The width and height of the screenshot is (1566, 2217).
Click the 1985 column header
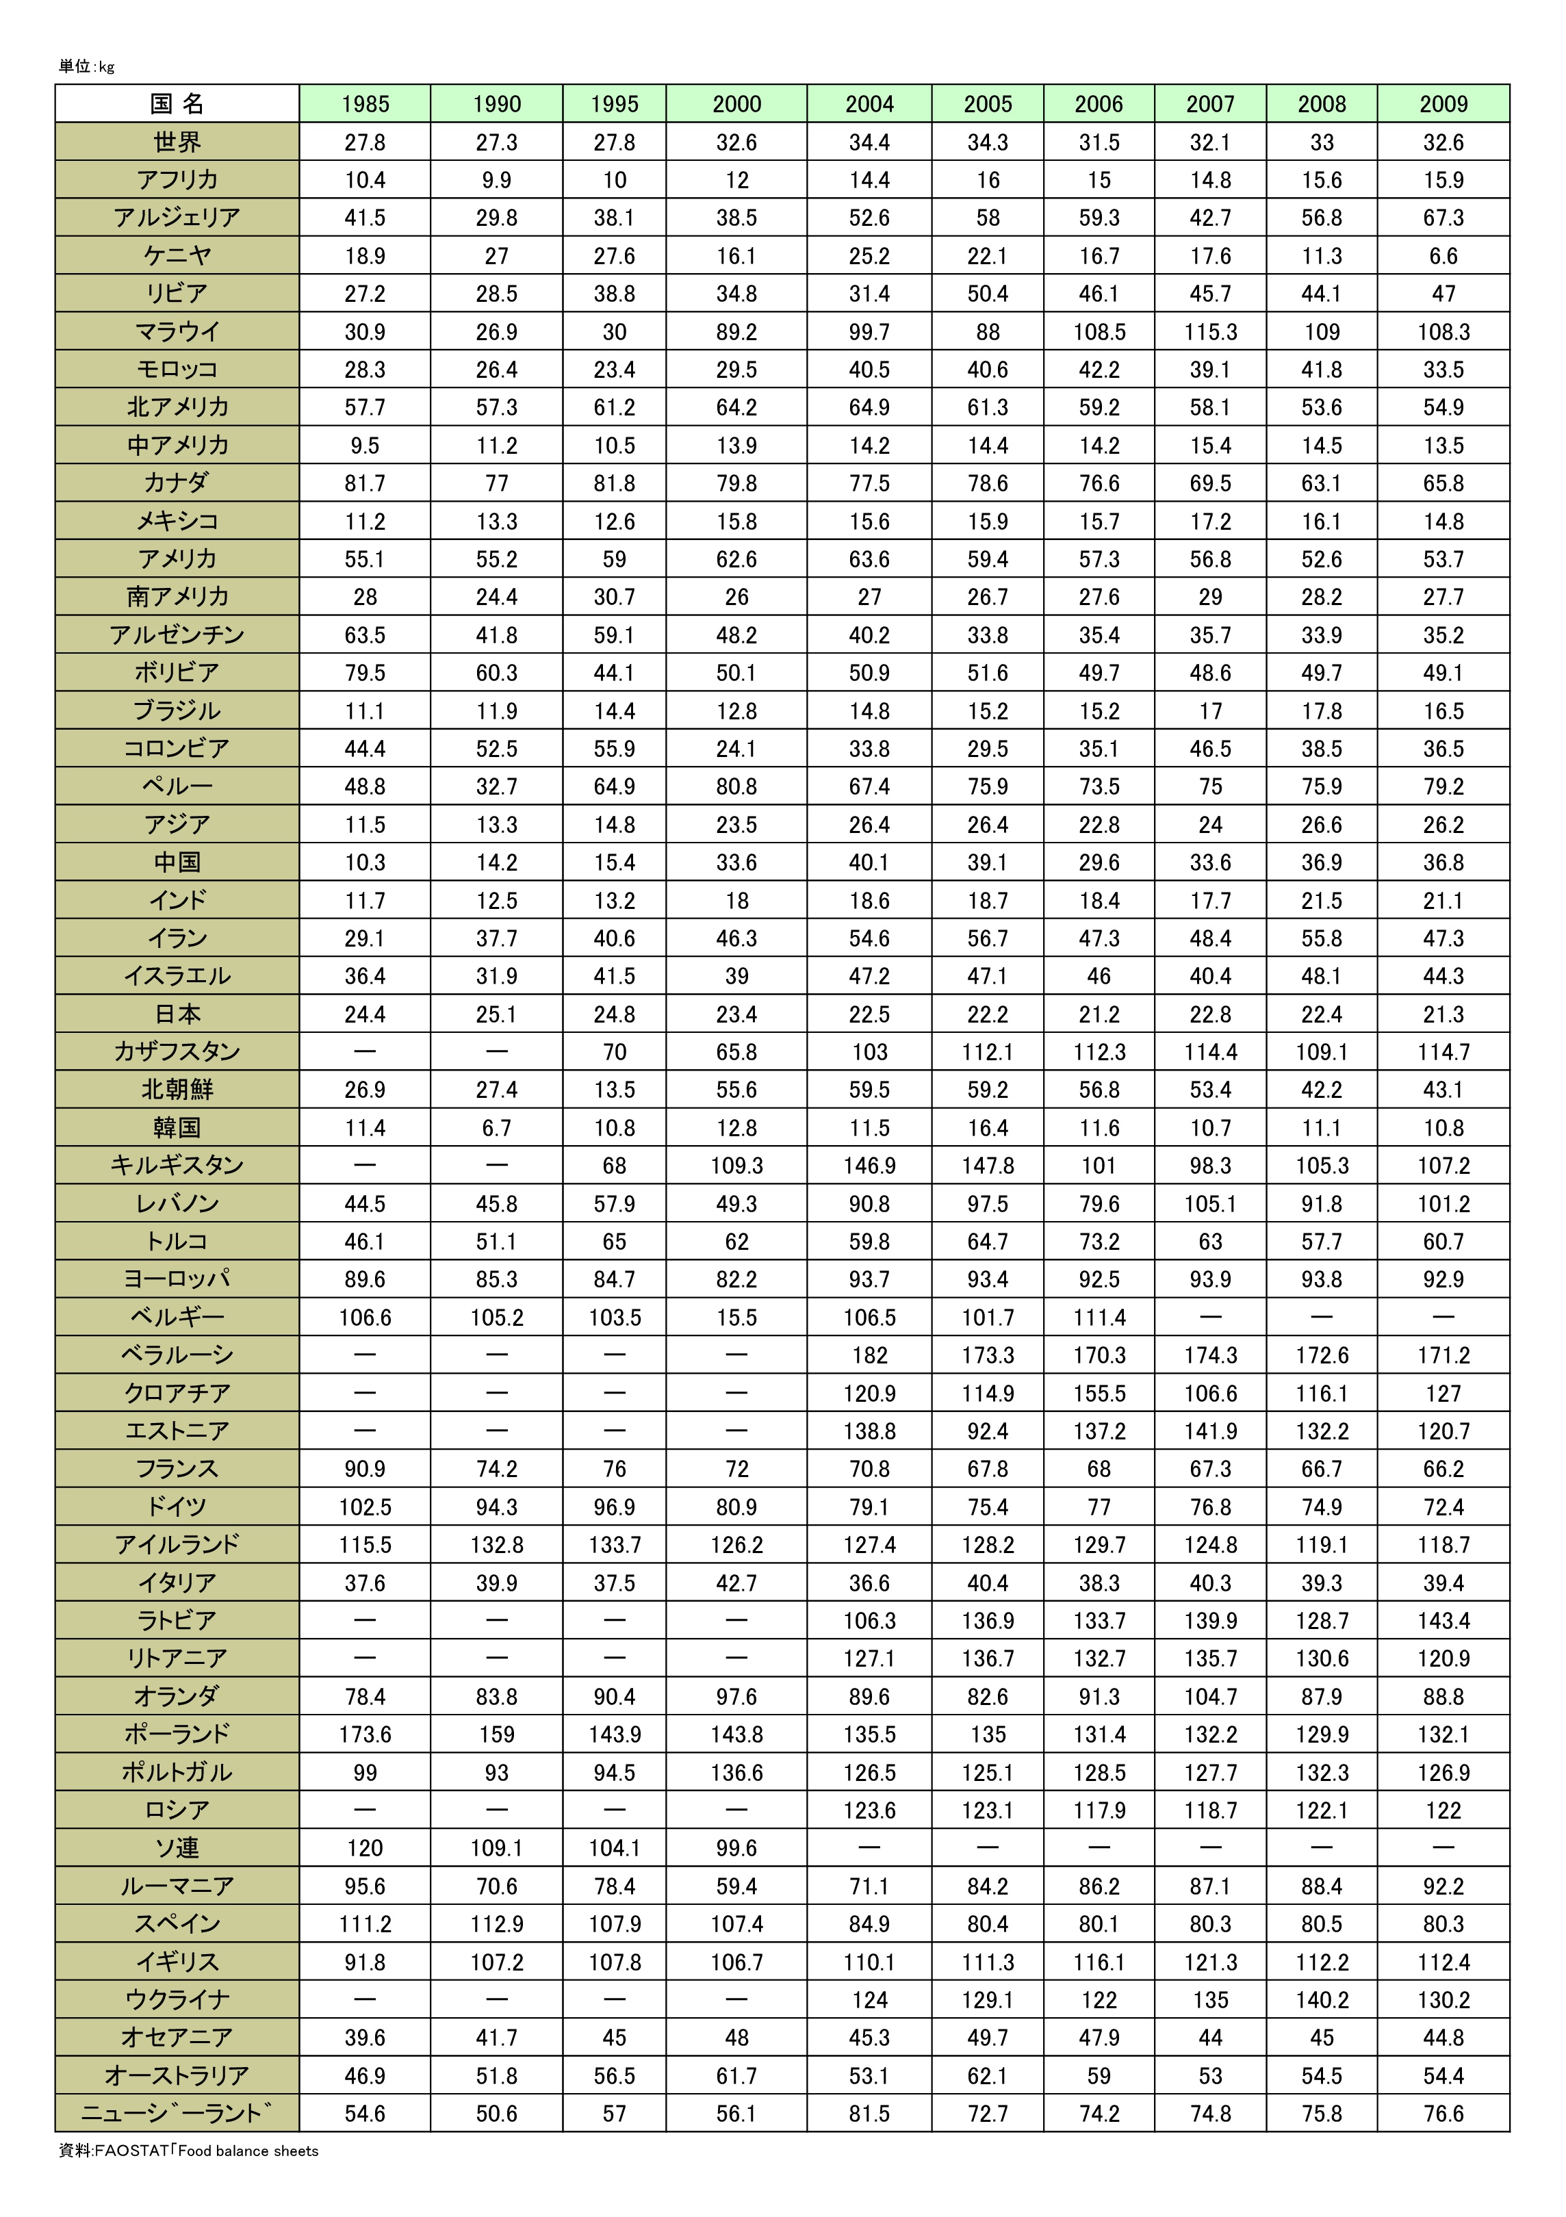[x=365, y=104]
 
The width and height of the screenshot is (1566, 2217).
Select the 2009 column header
[x=1443, y=104]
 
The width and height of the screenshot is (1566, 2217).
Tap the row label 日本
[x=178, y=1014]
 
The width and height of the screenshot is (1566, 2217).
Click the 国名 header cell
[x=178, y=104]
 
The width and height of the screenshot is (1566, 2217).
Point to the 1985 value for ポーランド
[x=365, y=1734]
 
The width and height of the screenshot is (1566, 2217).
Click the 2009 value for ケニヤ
[x=1443, y=256]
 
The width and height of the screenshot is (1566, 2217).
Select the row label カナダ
[x=178, y=483]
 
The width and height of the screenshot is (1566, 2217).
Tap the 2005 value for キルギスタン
[x=988, y=1166]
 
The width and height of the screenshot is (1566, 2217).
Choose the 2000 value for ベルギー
[x=736, y=1317]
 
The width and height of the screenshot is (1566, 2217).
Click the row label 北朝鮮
[x=178, y=1089]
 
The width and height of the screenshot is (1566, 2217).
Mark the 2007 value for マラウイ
[x=1211, y=331]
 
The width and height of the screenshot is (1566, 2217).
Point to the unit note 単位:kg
[x=87, y=66]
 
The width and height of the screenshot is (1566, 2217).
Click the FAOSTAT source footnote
[x=189, y=2151]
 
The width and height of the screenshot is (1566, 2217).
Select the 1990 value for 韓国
[x=496, y=1128]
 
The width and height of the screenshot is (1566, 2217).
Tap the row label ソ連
[x=178, y=1847]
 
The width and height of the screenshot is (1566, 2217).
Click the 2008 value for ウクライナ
[x=1322, y=2000]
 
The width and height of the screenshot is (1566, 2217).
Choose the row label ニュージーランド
[x=178, y=2114]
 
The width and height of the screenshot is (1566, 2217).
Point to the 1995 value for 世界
[x=614, y=142]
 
